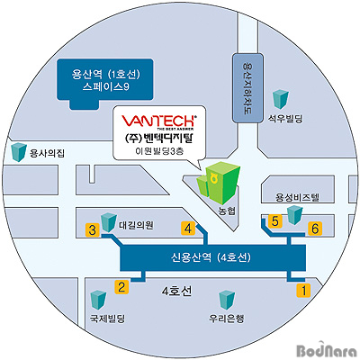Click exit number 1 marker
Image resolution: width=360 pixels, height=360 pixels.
point(303,290)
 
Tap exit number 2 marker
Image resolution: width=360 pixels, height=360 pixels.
point(121,286)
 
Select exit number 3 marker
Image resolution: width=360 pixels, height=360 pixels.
point(93,230)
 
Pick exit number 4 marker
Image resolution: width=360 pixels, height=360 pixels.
point(188,229)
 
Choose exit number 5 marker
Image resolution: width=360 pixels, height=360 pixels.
point(275,221)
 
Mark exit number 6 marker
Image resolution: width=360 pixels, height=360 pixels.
point(315,229)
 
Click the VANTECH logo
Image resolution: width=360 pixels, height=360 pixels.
point(158,121)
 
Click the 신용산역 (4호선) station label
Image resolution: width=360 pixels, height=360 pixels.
point(211,257)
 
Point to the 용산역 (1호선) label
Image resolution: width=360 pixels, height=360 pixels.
point(105,74)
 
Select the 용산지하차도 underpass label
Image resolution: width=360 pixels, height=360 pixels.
point(248,88)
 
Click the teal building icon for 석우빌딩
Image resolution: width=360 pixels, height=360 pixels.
point(281,99)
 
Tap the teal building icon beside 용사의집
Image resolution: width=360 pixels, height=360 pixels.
point(19,152)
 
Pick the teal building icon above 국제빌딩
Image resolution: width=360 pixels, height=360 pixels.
point(99,300)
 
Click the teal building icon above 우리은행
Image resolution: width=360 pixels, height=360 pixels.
point(227,300)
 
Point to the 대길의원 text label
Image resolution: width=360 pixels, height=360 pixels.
point(136,225)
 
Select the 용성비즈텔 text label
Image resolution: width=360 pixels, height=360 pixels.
point(298,197)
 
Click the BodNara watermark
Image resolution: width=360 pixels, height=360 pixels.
point(327,350)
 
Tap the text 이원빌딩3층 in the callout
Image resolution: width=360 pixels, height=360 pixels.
point(159,151)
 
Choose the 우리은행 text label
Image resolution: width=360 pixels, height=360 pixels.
point(227,318)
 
